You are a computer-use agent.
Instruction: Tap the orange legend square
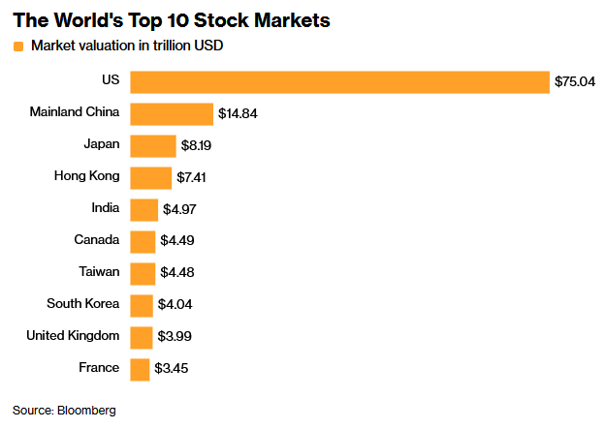(18, 46)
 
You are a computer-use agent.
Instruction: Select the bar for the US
(339, 81)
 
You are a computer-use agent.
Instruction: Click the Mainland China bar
(172, 113)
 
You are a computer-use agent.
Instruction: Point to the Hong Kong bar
(150, 177)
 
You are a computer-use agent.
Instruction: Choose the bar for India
(144, 209)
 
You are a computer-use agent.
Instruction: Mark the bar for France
(140, 369)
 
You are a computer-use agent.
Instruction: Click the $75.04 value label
(574, 82)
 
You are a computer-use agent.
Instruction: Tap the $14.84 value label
(238, 114)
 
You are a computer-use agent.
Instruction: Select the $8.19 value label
(197, 146)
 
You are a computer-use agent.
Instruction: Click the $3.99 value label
(177, 337)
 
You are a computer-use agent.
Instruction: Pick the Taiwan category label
(99, 272)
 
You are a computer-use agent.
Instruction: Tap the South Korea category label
(83, 304)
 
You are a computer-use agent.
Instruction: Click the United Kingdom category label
(74, 336)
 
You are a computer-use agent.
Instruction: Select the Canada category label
(97, 240)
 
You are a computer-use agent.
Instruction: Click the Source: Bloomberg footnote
(64, 411)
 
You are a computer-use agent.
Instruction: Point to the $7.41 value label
(192, 178)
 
